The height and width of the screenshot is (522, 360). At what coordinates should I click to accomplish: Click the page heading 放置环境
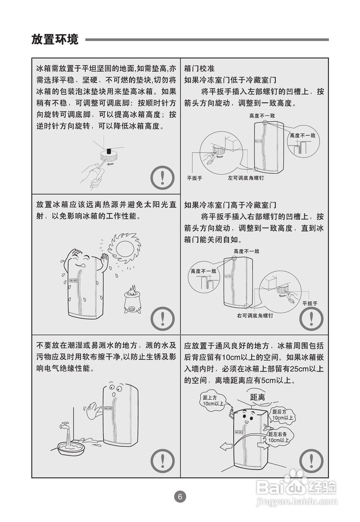(x=55, y=39)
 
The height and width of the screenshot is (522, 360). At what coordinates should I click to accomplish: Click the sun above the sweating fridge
(x=124, y=248)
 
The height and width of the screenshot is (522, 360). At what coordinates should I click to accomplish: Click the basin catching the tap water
(x=71, y=448)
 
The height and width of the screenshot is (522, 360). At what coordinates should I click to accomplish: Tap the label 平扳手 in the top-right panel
(x=194, y=178)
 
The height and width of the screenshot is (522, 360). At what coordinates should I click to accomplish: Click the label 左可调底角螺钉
(x=246, y=178)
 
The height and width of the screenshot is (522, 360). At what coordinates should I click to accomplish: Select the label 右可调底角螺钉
(x=255, y=316)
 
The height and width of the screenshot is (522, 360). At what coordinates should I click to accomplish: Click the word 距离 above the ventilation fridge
(x=258, y=397)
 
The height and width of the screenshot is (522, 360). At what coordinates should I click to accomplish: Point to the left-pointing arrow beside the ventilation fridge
(x=226, y=447)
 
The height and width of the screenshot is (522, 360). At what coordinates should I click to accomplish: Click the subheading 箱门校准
(x=199, y=68)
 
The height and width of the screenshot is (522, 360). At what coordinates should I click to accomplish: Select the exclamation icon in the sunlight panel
(x=162, y=319)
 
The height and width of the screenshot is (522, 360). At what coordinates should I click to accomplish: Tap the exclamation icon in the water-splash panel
(x=162, y=460)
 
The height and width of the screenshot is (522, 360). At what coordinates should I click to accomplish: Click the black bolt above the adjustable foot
(x=109, y=151)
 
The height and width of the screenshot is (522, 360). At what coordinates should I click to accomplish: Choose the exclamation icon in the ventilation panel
(x=311, y=460)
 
